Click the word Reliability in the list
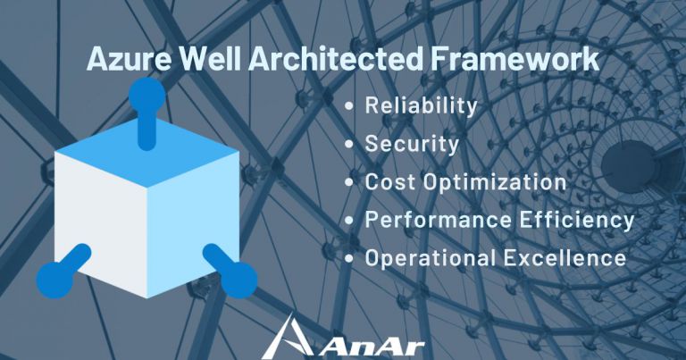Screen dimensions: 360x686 coord(421,105)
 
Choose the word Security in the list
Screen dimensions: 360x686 coord(412,144)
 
